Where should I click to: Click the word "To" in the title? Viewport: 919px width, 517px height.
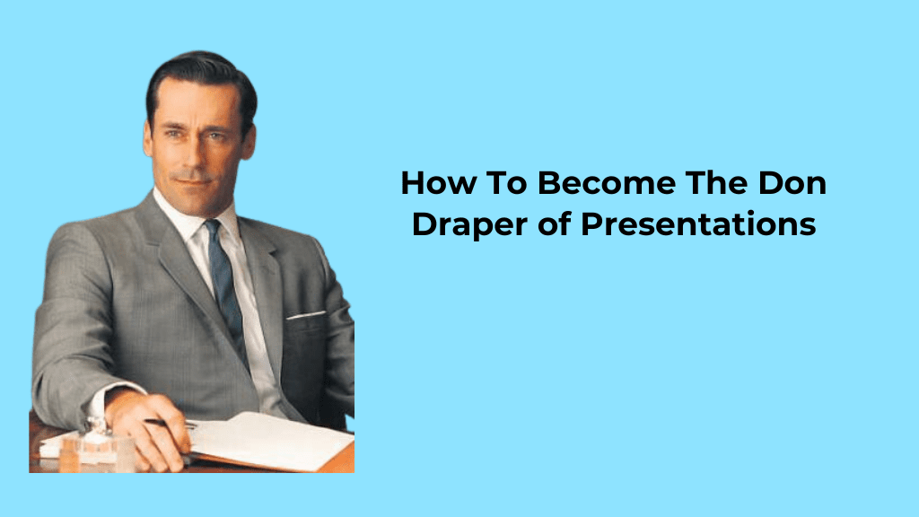pyautogui.click(x=503, y=184)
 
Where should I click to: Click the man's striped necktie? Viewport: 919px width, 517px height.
pyautogui.click(x=223, y=278)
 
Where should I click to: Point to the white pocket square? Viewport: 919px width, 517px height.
pyautogui.click(x=306, y=315)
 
